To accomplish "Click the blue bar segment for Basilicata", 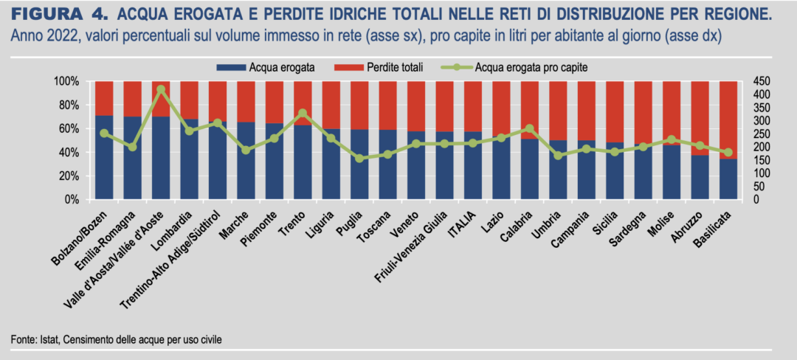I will click(x=728, y=179).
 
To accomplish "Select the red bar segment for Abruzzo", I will click(x=700, y=118).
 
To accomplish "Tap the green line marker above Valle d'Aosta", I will click(x=161, y=89).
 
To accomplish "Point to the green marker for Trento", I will click(x=303, y=113).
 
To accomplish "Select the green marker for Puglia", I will click(x=359, y=158).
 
